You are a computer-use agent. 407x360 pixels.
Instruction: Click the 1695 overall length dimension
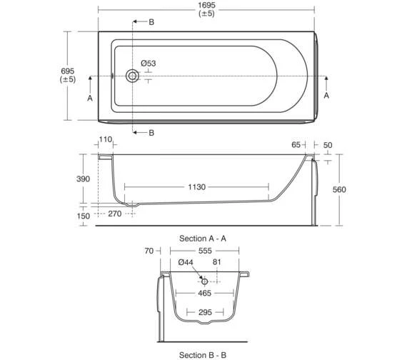(206, 6)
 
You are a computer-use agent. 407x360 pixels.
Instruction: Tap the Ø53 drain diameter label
(149, 64)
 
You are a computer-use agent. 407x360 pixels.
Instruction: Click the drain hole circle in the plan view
(132, 76)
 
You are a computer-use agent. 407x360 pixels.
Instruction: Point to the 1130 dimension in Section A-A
(196, 187)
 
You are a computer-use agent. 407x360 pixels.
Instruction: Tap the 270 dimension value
(114, 214)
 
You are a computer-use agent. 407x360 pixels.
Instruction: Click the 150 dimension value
(84, 215)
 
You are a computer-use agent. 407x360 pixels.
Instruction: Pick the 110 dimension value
(106, 139)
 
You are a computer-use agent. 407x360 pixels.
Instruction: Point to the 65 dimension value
(296, 144)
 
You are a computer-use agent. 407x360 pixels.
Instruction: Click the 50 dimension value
(328, 144)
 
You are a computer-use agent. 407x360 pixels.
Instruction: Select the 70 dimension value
(149, 251)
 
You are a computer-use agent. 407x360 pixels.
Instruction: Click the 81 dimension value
(218, 263)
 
